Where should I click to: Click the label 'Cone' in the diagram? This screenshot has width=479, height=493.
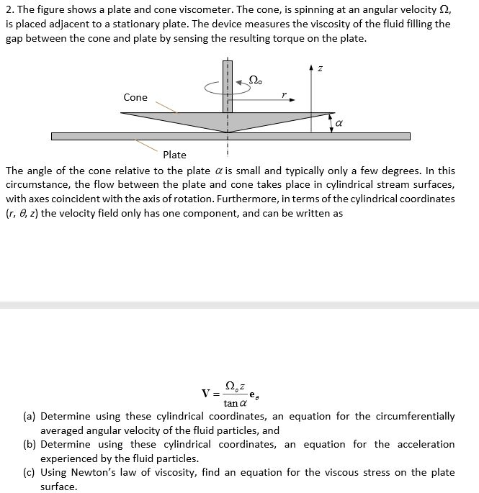coord(135,97)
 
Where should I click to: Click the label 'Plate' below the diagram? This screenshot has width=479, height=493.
coord(174,154)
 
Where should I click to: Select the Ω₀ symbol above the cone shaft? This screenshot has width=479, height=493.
coord(255,78)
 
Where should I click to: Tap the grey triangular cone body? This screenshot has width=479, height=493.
coord(216,119)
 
